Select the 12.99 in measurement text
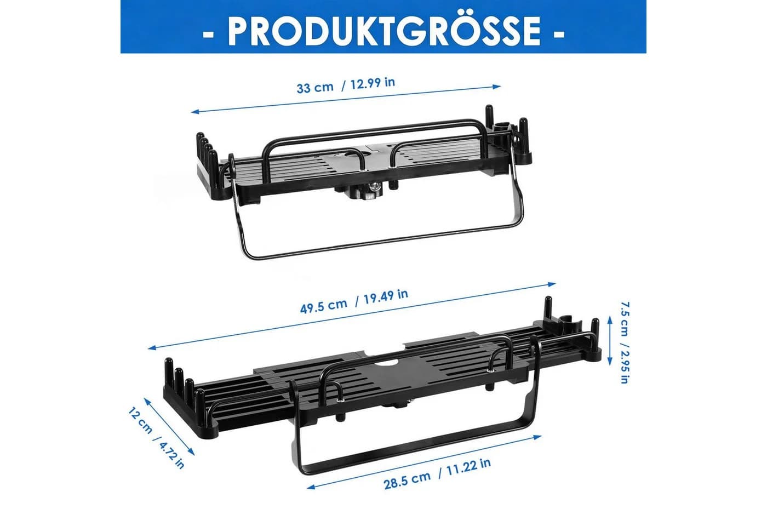click(372, 83)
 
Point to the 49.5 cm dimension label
click(324, 305)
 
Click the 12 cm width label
click(140, 420)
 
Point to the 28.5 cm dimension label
click(407, 480)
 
